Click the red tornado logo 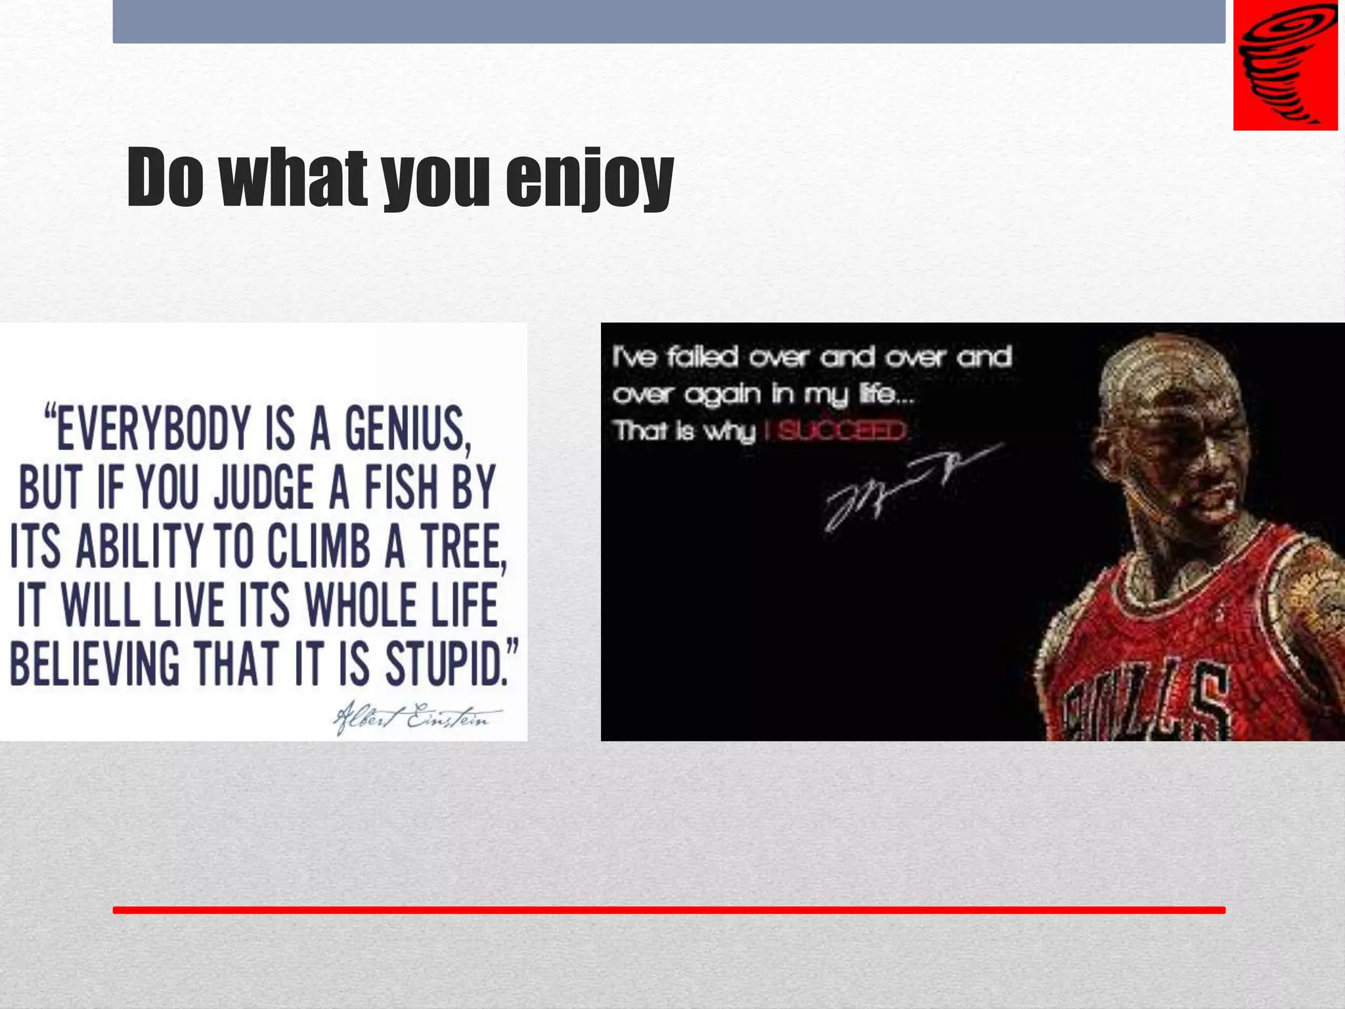1285,66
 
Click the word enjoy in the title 589,179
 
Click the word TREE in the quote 464,547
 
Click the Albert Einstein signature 417,718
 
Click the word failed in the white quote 703,357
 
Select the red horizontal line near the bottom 669,910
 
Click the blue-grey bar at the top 669,21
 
